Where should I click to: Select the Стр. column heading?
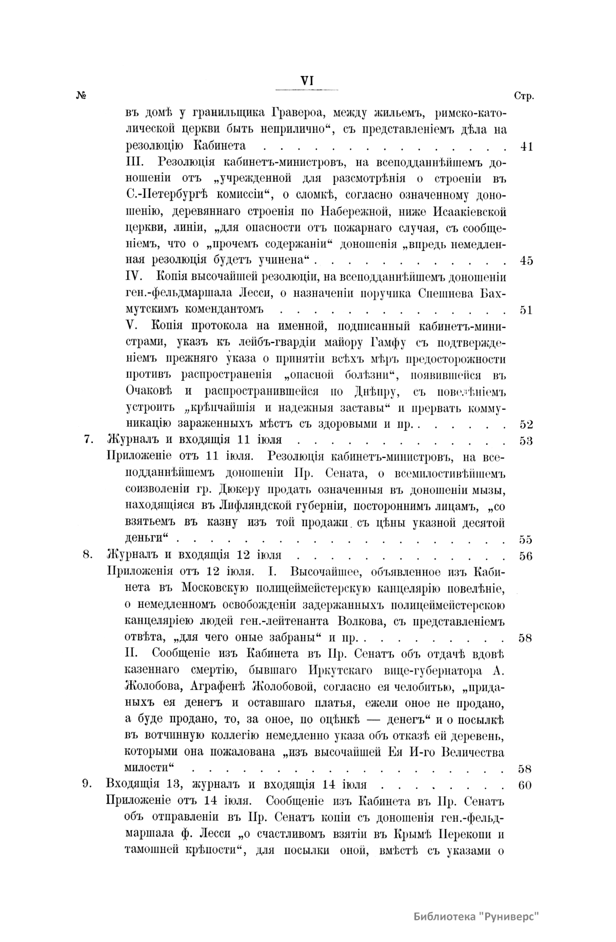523,97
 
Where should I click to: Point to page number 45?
526,261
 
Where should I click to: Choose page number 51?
526,310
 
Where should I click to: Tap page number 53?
526,441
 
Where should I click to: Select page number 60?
526,785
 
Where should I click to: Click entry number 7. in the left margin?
88,441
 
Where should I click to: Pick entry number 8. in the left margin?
88,556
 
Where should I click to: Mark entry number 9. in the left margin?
88,785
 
